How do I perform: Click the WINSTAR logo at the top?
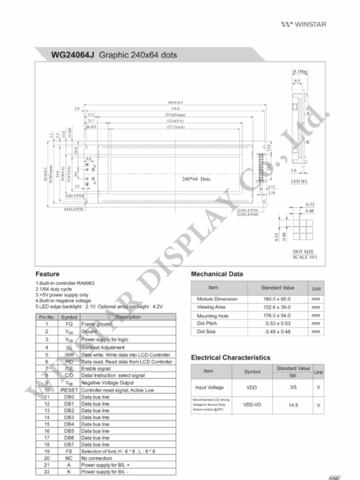coord(303,24)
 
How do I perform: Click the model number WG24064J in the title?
coord(73,55)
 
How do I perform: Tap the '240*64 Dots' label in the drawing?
coord(196,179)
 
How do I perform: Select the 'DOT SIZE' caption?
coord(303,252)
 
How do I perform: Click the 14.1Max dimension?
coord(300,71)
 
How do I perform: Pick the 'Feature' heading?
coord(47,274)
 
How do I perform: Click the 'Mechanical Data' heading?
coord(217,274)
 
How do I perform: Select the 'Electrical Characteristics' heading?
coord(231,358)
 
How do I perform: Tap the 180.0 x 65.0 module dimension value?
coord(277,299)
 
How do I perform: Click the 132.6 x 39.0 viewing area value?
coord(277,307)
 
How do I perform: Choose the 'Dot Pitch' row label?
coord(207,323)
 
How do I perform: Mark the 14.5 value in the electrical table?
coord(293,405)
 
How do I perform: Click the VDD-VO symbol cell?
coord(252,405)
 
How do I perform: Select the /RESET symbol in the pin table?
coord(69,390)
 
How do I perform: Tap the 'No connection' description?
coord(97,458)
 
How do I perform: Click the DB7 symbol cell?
coord(69,444)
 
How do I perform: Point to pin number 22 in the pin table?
coord(47,472)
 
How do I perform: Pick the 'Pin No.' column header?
coord(47,317)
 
